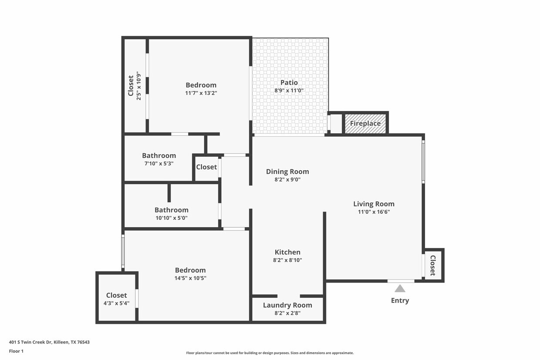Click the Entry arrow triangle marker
400,289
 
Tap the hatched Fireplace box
365,123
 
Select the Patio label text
289,83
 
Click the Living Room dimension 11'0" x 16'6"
374,212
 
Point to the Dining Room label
287,172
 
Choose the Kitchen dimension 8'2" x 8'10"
287,260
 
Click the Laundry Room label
287,305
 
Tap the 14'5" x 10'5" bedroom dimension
190,278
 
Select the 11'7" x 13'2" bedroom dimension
201,93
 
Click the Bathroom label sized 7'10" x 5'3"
159,155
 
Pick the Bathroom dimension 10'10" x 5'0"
172,218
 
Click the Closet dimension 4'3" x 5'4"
116,303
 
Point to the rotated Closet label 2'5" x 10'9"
131,86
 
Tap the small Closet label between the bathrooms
206,167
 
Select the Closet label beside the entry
433,265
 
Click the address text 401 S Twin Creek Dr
49,342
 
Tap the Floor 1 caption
16,351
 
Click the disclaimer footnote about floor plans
270,353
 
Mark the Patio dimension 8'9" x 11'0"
289,91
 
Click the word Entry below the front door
400,300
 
